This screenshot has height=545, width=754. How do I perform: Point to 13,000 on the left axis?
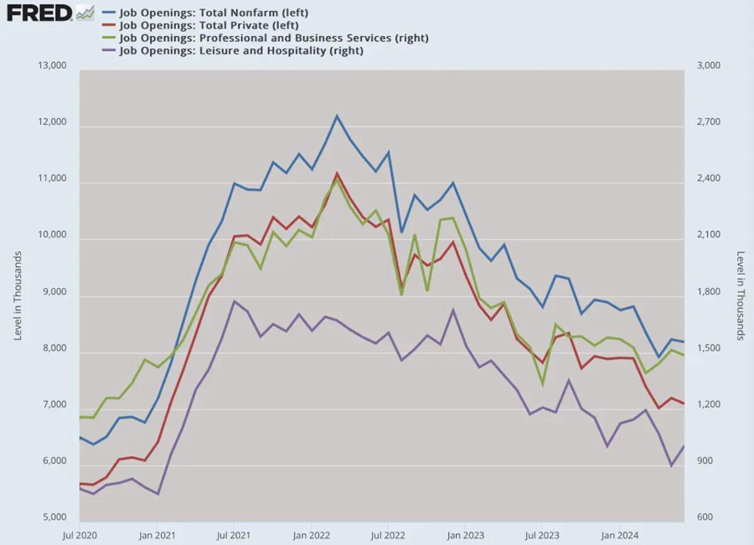[x=51, y=66]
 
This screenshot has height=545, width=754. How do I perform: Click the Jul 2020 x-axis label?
[x=80, y=533]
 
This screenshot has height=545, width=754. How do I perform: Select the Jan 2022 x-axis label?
[x=312, y=533]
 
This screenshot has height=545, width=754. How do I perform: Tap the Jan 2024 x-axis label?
[x=618, y=533]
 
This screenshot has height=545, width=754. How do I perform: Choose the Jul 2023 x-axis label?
[x=542, y=533]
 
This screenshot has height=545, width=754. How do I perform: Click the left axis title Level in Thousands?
[x=18, y=296]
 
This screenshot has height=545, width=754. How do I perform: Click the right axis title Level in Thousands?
[x=740, y=296]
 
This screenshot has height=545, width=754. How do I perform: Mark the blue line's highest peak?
[x=337, y=116]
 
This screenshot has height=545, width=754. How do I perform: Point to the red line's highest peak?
[x=337, y=173]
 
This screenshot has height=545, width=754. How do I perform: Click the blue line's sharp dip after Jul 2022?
[x=401, y=232]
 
